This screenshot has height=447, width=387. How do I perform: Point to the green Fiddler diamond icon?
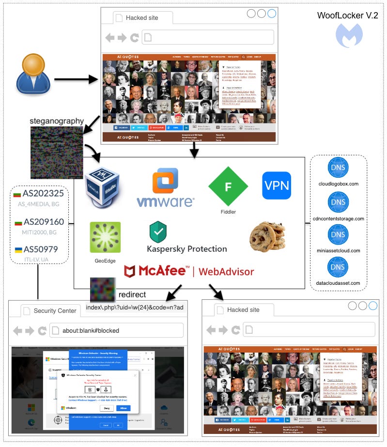(228, 186)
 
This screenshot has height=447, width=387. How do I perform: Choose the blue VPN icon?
(277, 185)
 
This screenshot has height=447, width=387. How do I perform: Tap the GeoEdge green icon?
(105, 237)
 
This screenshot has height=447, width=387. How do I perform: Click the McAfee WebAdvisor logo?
(189, 271)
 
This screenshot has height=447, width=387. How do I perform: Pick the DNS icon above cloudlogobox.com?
(339, 168)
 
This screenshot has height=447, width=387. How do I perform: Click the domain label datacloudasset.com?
(339, 283)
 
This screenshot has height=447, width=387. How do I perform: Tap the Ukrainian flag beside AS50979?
(18, 250)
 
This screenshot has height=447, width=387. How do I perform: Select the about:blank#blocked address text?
(91, 330)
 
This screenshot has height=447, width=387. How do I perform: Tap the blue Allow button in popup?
(123, 408)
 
